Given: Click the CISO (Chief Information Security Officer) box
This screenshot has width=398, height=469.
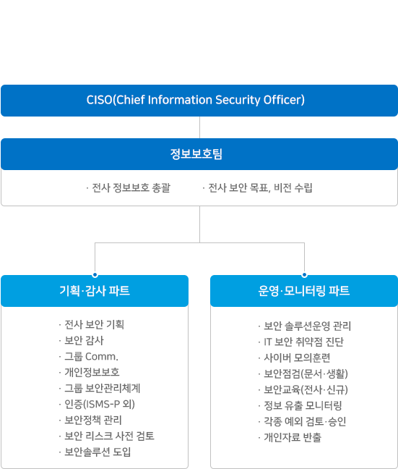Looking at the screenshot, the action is pos(199,101).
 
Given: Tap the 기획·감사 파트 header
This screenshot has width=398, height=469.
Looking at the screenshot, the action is pos(95,291).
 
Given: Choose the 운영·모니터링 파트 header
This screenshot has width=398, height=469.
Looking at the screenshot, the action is pos(304,291).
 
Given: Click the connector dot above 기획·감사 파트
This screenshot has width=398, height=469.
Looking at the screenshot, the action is pos(95,275).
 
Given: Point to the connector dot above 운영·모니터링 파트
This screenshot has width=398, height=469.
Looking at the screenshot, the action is pos(304,275).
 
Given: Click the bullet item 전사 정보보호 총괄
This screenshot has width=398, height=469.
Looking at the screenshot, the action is pos(128,188).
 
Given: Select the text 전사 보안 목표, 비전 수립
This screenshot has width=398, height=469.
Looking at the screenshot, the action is pos(257,188).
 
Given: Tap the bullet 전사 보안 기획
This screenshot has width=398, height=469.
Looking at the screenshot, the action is pos(91,324).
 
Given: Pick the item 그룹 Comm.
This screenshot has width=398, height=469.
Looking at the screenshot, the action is pos(88,357).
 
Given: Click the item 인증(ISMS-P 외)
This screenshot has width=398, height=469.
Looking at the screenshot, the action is pos(97,404).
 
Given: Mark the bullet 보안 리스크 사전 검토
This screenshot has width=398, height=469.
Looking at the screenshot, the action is pos(107,436).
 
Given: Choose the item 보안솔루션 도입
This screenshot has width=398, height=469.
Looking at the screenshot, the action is pos(95,452).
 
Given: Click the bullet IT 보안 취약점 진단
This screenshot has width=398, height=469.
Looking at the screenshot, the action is pos(301,342).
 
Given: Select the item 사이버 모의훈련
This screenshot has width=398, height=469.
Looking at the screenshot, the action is pos(294,358).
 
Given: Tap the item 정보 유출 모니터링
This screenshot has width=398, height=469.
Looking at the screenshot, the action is pos(300,405).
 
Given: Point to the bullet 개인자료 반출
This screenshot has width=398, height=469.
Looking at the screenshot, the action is pos(290,437).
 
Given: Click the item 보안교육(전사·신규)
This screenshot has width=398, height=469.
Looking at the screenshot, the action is pos(303,389).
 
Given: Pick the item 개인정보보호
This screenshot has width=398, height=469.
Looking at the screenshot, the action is pos(89,372).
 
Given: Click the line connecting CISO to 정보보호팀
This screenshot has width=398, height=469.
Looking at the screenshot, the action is pos(200,127).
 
